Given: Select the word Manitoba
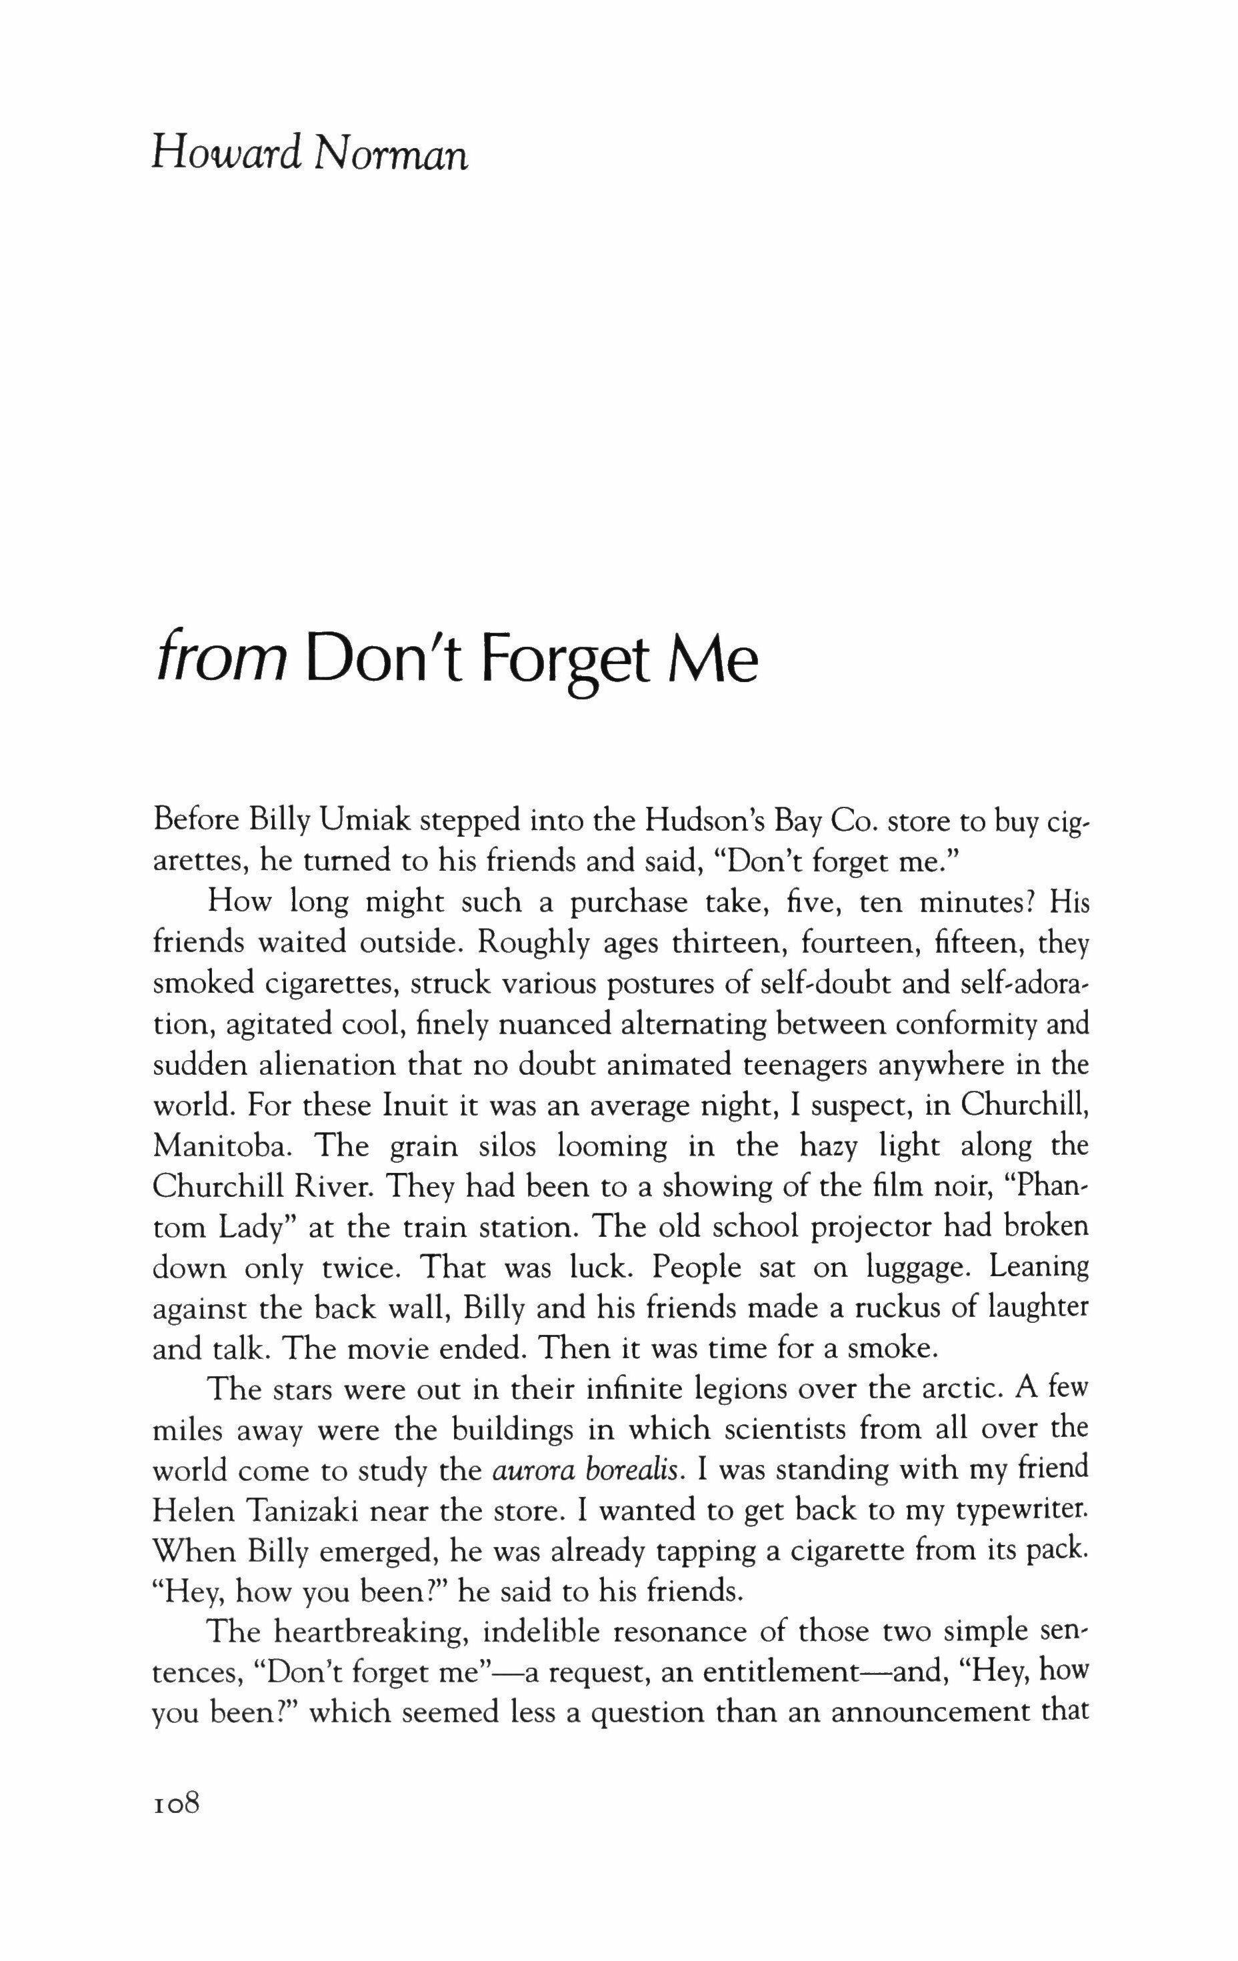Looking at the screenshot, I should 223,1146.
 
